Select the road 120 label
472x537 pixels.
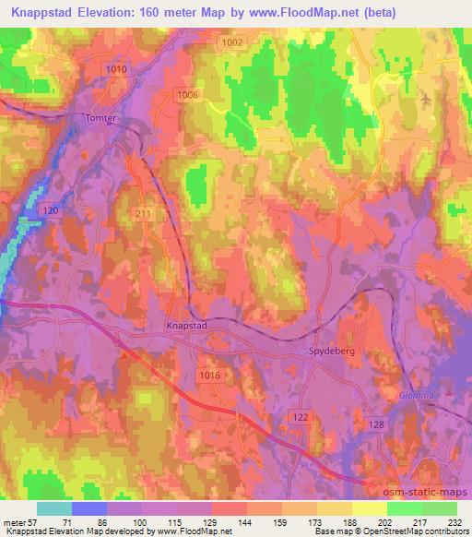52,211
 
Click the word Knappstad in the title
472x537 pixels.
41,10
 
